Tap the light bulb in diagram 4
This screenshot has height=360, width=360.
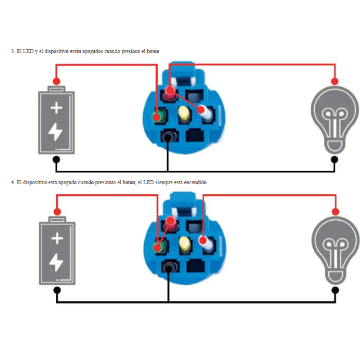(335, 250)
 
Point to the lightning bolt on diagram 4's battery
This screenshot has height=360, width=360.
(56, 262)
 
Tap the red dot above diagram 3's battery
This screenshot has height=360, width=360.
(56, 81)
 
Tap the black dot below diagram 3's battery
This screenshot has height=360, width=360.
(56, 159)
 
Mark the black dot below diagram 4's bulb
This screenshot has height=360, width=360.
(335, 290)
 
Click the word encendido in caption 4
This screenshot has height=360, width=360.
(196, 183)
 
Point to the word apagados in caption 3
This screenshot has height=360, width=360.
(93, 51)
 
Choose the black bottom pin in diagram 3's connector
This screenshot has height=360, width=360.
(167, 137)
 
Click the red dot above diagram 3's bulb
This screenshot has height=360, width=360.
(335, 81)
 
